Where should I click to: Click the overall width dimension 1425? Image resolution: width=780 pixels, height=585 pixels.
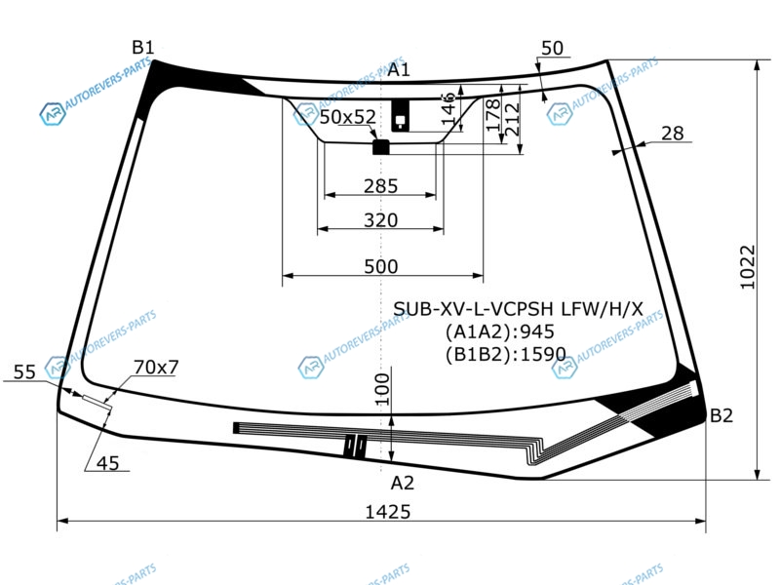coord(388,511)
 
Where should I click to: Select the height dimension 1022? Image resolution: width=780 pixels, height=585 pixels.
coord(748,267)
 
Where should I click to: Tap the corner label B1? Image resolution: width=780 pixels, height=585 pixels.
coord(142,47)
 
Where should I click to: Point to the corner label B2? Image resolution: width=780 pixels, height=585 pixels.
coord(721,415)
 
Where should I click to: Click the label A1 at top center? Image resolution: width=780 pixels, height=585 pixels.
coord(399,69)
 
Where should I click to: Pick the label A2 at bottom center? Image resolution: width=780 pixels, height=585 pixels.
coord(402,483)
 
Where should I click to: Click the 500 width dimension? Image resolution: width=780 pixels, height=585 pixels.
coord(381,266)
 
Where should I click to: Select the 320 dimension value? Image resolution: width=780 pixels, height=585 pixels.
coord(380,220)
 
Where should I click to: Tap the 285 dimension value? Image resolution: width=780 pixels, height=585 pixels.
coord(380,186)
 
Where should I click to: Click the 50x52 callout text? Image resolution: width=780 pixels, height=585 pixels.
coord(348,117)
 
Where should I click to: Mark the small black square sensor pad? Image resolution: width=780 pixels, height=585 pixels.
coord(381,147)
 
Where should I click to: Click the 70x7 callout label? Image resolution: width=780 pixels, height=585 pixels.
coord(156,368)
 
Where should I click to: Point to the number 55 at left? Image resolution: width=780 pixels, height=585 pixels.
coord(25,372)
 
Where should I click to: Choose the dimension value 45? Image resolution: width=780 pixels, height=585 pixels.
coord(108,463)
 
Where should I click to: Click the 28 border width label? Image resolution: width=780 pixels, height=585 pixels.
coord(673,134)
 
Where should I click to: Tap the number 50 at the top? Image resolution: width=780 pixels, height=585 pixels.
coord(552,48)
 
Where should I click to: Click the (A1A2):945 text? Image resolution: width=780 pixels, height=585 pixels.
coord(499,331)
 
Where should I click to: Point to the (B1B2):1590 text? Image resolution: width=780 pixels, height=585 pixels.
coord(505,354)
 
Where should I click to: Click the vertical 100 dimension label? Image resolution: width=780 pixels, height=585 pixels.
coord(382,389)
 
